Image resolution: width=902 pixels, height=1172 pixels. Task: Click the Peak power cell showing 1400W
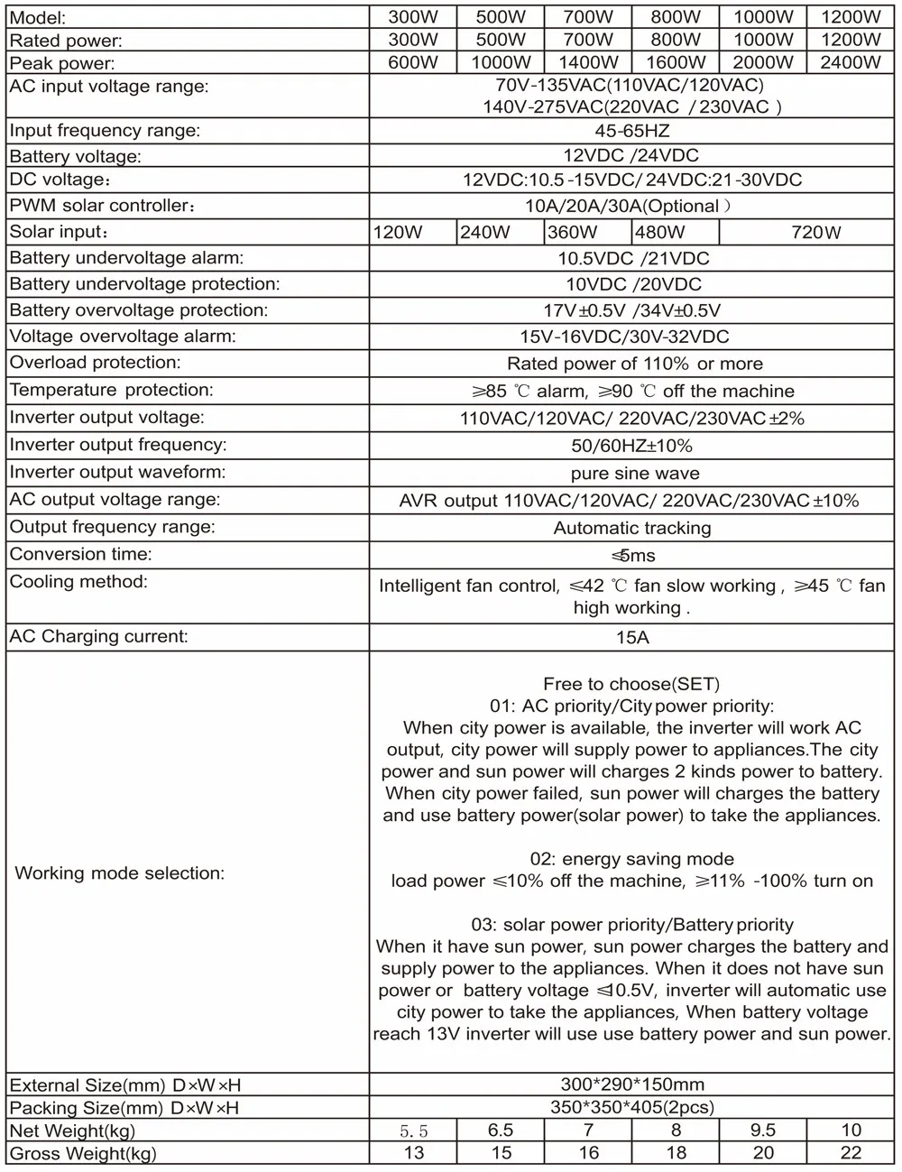(x=589, y=62)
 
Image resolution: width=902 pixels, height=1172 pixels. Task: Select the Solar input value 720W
(x=815, y=232)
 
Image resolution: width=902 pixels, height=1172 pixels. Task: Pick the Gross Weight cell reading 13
(x=414, y=1152)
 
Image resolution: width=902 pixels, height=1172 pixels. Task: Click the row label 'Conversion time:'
(x=80, y=554)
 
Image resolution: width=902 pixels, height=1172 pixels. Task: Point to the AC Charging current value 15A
(x=632, y=637)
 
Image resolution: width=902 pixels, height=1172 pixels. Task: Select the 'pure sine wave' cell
(x=634, y=473)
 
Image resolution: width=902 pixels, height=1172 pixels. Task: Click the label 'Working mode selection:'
(x=120, y=872)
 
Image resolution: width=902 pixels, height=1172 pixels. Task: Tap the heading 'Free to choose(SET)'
(x=631, y=684)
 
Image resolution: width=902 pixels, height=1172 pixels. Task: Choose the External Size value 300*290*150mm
(x=632, y=1084)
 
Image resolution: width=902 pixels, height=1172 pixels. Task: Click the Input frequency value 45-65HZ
(x=632, y=131)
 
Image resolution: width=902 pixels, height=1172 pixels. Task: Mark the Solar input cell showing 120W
(x=398, y=232)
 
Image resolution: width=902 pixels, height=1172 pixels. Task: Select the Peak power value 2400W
(x=850, y=62)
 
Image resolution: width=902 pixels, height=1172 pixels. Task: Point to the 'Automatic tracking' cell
(x=632, y=528)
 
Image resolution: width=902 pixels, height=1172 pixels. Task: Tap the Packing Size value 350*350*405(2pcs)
(x=632, y=1107)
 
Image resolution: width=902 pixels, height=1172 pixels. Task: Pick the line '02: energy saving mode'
(x=631, y=858)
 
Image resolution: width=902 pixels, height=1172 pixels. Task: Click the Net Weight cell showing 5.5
(x=413, y=1130)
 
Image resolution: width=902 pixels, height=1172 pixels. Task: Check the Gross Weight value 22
(x=850, y=1152)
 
